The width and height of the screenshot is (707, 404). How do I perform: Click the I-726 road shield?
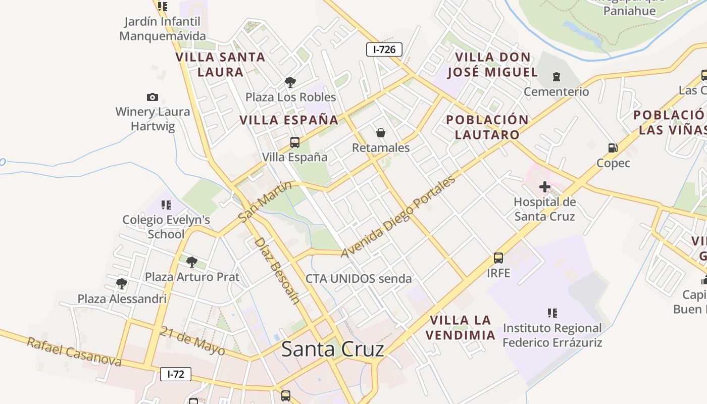(384, 49)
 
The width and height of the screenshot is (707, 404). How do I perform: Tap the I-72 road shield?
(176, 374)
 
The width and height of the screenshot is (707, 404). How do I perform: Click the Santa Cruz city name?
(332, 349)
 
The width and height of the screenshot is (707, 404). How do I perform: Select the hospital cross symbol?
(544, 187)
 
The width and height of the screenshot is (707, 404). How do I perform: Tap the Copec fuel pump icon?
(613, 148)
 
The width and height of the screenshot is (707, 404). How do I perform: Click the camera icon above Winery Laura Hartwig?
(152, 97)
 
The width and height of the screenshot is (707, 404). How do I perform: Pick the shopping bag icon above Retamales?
(381, 133)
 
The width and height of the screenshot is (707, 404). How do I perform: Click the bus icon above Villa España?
(294, 142)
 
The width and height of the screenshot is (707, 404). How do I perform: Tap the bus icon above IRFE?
(498, 258)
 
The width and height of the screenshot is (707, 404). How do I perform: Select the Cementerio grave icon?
(556, 77)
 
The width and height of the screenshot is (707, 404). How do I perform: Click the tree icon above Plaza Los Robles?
(290, 82)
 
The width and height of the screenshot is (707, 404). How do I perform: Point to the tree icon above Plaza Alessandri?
(121, 283)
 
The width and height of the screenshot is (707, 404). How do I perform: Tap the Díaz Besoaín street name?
(276, 270)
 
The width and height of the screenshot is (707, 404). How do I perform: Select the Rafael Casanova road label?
(74, 352)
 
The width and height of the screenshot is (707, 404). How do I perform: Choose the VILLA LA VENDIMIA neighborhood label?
(460, 327)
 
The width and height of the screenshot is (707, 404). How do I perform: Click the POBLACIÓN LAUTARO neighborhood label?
(487, 127)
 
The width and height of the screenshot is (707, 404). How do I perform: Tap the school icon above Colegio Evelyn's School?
(166, 205)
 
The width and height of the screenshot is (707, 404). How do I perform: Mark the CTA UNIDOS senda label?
(359, 278)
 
